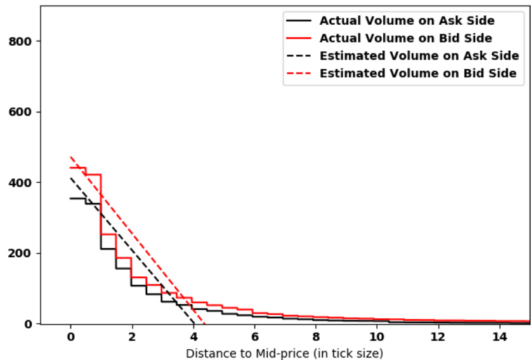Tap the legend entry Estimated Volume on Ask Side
419,56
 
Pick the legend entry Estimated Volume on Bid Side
418,74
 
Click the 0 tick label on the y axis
29,324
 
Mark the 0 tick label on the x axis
70,337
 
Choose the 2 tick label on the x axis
131,337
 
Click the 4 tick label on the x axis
193,337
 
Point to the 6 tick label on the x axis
254,337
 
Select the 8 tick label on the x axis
315,337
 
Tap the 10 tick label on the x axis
376,337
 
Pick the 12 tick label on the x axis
438,337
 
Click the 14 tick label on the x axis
499,337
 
